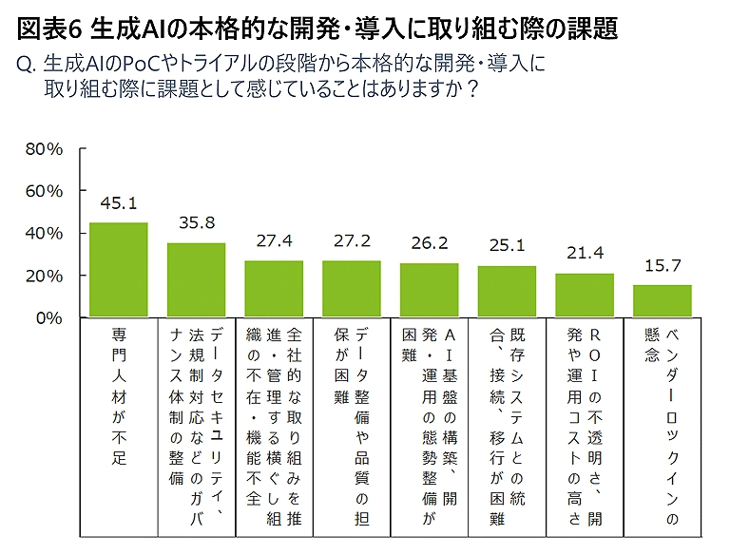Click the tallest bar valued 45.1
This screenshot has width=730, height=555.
pos(118,270)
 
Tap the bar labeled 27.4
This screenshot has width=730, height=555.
pos(274,289)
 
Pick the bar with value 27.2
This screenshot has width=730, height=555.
pos(352,289)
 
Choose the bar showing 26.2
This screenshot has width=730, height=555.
pos(429,290)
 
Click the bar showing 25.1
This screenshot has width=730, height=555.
pos(507,291)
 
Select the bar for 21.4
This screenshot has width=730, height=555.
pos(585,295)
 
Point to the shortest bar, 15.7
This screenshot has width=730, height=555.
pos(663,300)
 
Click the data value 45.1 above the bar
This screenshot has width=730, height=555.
pos(118,203)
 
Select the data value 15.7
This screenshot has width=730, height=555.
pos(663,265)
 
